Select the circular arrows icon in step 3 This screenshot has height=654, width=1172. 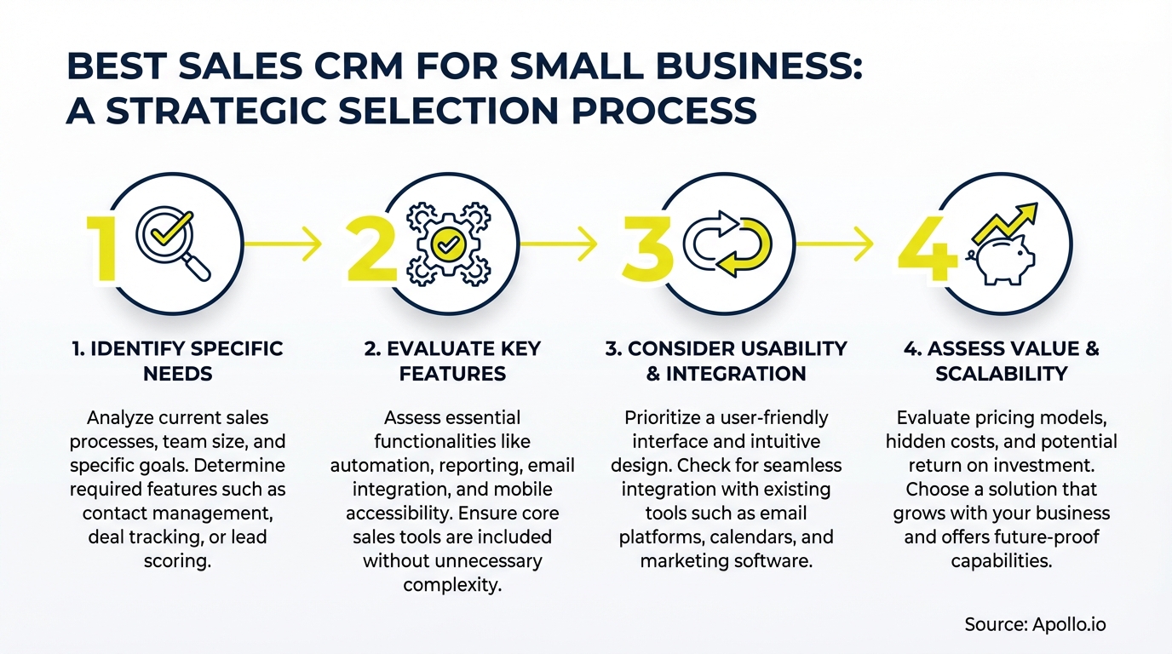point(731,245)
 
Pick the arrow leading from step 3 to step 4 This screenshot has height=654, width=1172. point(834,245)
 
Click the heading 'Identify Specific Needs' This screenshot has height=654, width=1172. point(178,361)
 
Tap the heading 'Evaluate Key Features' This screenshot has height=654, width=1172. point(452,361)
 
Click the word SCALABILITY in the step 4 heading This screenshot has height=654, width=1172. point(1001,374)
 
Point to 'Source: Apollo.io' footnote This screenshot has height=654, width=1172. point(1034,624)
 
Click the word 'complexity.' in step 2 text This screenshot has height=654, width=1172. point(451,585)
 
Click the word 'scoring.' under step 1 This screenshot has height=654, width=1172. point(178,561)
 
